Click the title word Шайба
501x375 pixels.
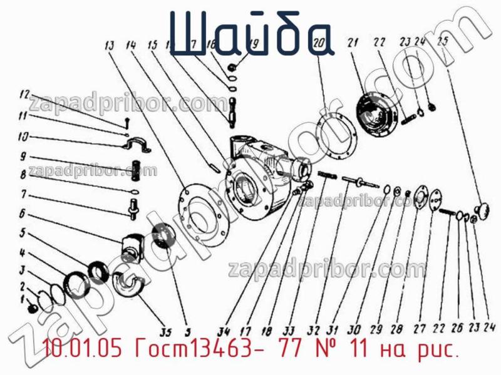coord(250,34)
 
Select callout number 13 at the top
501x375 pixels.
coord(110,45)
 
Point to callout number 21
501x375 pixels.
coord(353,43)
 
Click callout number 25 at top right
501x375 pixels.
coord(443,43)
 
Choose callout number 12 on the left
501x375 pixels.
coord(23,95)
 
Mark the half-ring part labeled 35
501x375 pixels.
coord(129,285)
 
